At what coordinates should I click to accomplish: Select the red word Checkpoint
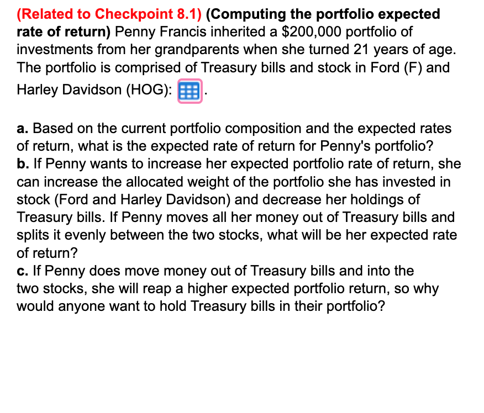click(128, 14)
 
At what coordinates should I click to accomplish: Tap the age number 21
click(361, 50)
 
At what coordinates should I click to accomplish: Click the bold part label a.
click(21, 129)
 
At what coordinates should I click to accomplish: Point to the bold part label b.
click(22, 165)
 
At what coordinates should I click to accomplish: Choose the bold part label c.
click(21, 271)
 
